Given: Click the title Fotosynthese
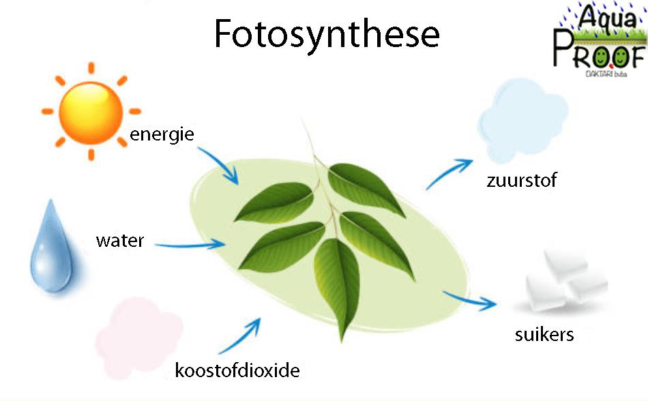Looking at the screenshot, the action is click(327, 35).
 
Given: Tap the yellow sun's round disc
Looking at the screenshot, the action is click(91, 113).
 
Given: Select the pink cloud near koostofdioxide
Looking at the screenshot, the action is click(138, 338).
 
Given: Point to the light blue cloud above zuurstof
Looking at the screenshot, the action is click(522, 120).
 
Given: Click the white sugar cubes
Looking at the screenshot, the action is click(567, 280).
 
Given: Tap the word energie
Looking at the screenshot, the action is click(162, 134).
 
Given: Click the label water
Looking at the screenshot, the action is click(120, 241).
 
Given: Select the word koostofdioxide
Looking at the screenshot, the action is click(237, 370).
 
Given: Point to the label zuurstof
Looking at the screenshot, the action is click(522, 181).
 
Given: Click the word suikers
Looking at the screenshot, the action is click(544, 334).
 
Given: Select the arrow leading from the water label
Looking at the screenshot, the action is click(190, 245).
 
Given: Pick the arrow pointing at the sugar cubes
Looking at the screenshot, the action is click(470, 300).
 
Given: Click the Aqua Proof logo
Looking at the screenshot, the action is click(600, 40).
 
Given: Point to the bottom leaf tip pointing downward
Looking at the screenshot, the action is click(341, 342).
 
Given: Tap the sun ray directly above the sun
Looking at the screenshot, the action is click(91, 68).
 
